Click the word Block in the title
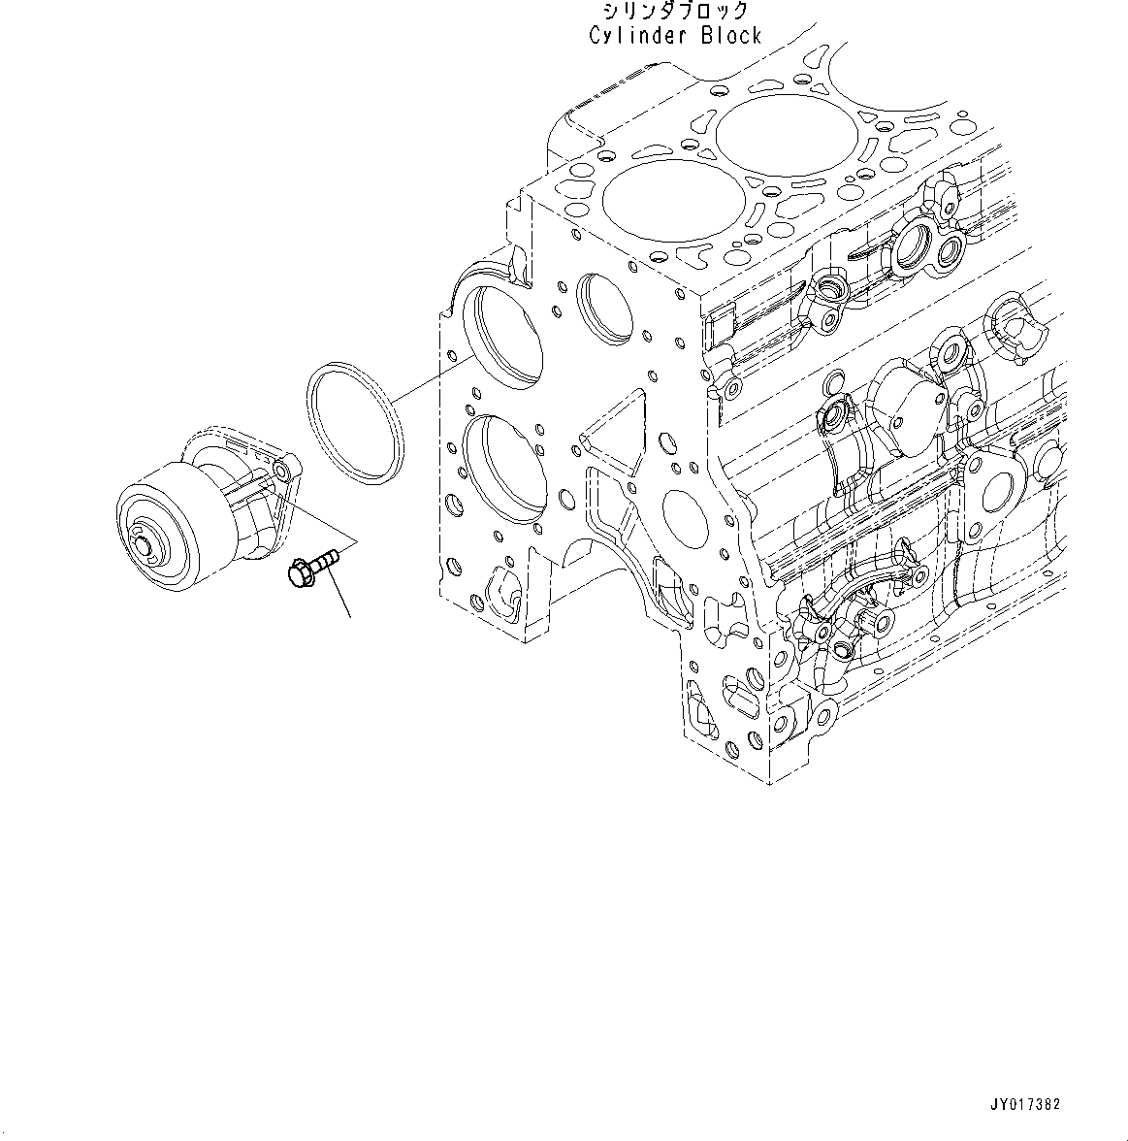pyautogui.click(x=731, y=36)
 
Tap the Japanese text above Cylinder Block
pyautogui.click(x=675, y=12)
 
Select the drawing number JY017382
pyautogui.click(x=1025, y=1104)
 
